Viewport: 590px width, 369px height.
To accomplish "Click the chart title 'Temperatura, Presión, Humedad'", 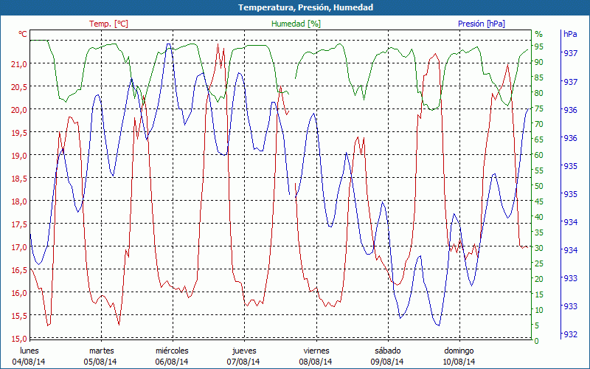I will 295,7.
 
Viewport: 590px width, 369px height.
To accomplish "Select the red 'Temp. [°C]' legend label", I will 108,24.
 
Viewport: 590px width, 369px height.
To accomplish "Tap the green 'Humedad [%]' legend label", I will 296,24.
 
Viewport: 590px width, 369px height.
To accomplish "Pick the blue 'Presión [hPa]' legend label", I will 482,24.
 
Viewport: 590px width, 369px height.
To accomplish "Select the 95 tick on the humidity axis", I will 539,46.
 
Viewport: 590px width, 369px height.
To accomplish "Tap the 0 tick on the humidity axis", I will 537,341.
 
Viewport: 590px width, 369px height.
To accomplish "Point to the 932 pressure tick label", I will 570,334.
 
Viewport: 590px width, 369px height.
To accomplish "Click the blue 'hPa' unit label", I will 570,34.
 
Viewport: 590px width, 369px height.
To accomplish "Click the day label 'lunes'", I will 29,351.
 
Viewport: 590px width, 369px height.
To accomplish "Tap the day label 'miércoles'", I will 172,351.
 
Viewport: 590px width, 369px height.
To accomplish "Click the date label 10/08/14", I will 459,362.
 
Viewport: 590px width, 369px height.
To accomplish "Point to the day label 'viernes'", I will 316,351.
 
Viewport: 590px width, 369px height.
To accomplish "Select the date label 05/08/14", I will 100,362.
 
